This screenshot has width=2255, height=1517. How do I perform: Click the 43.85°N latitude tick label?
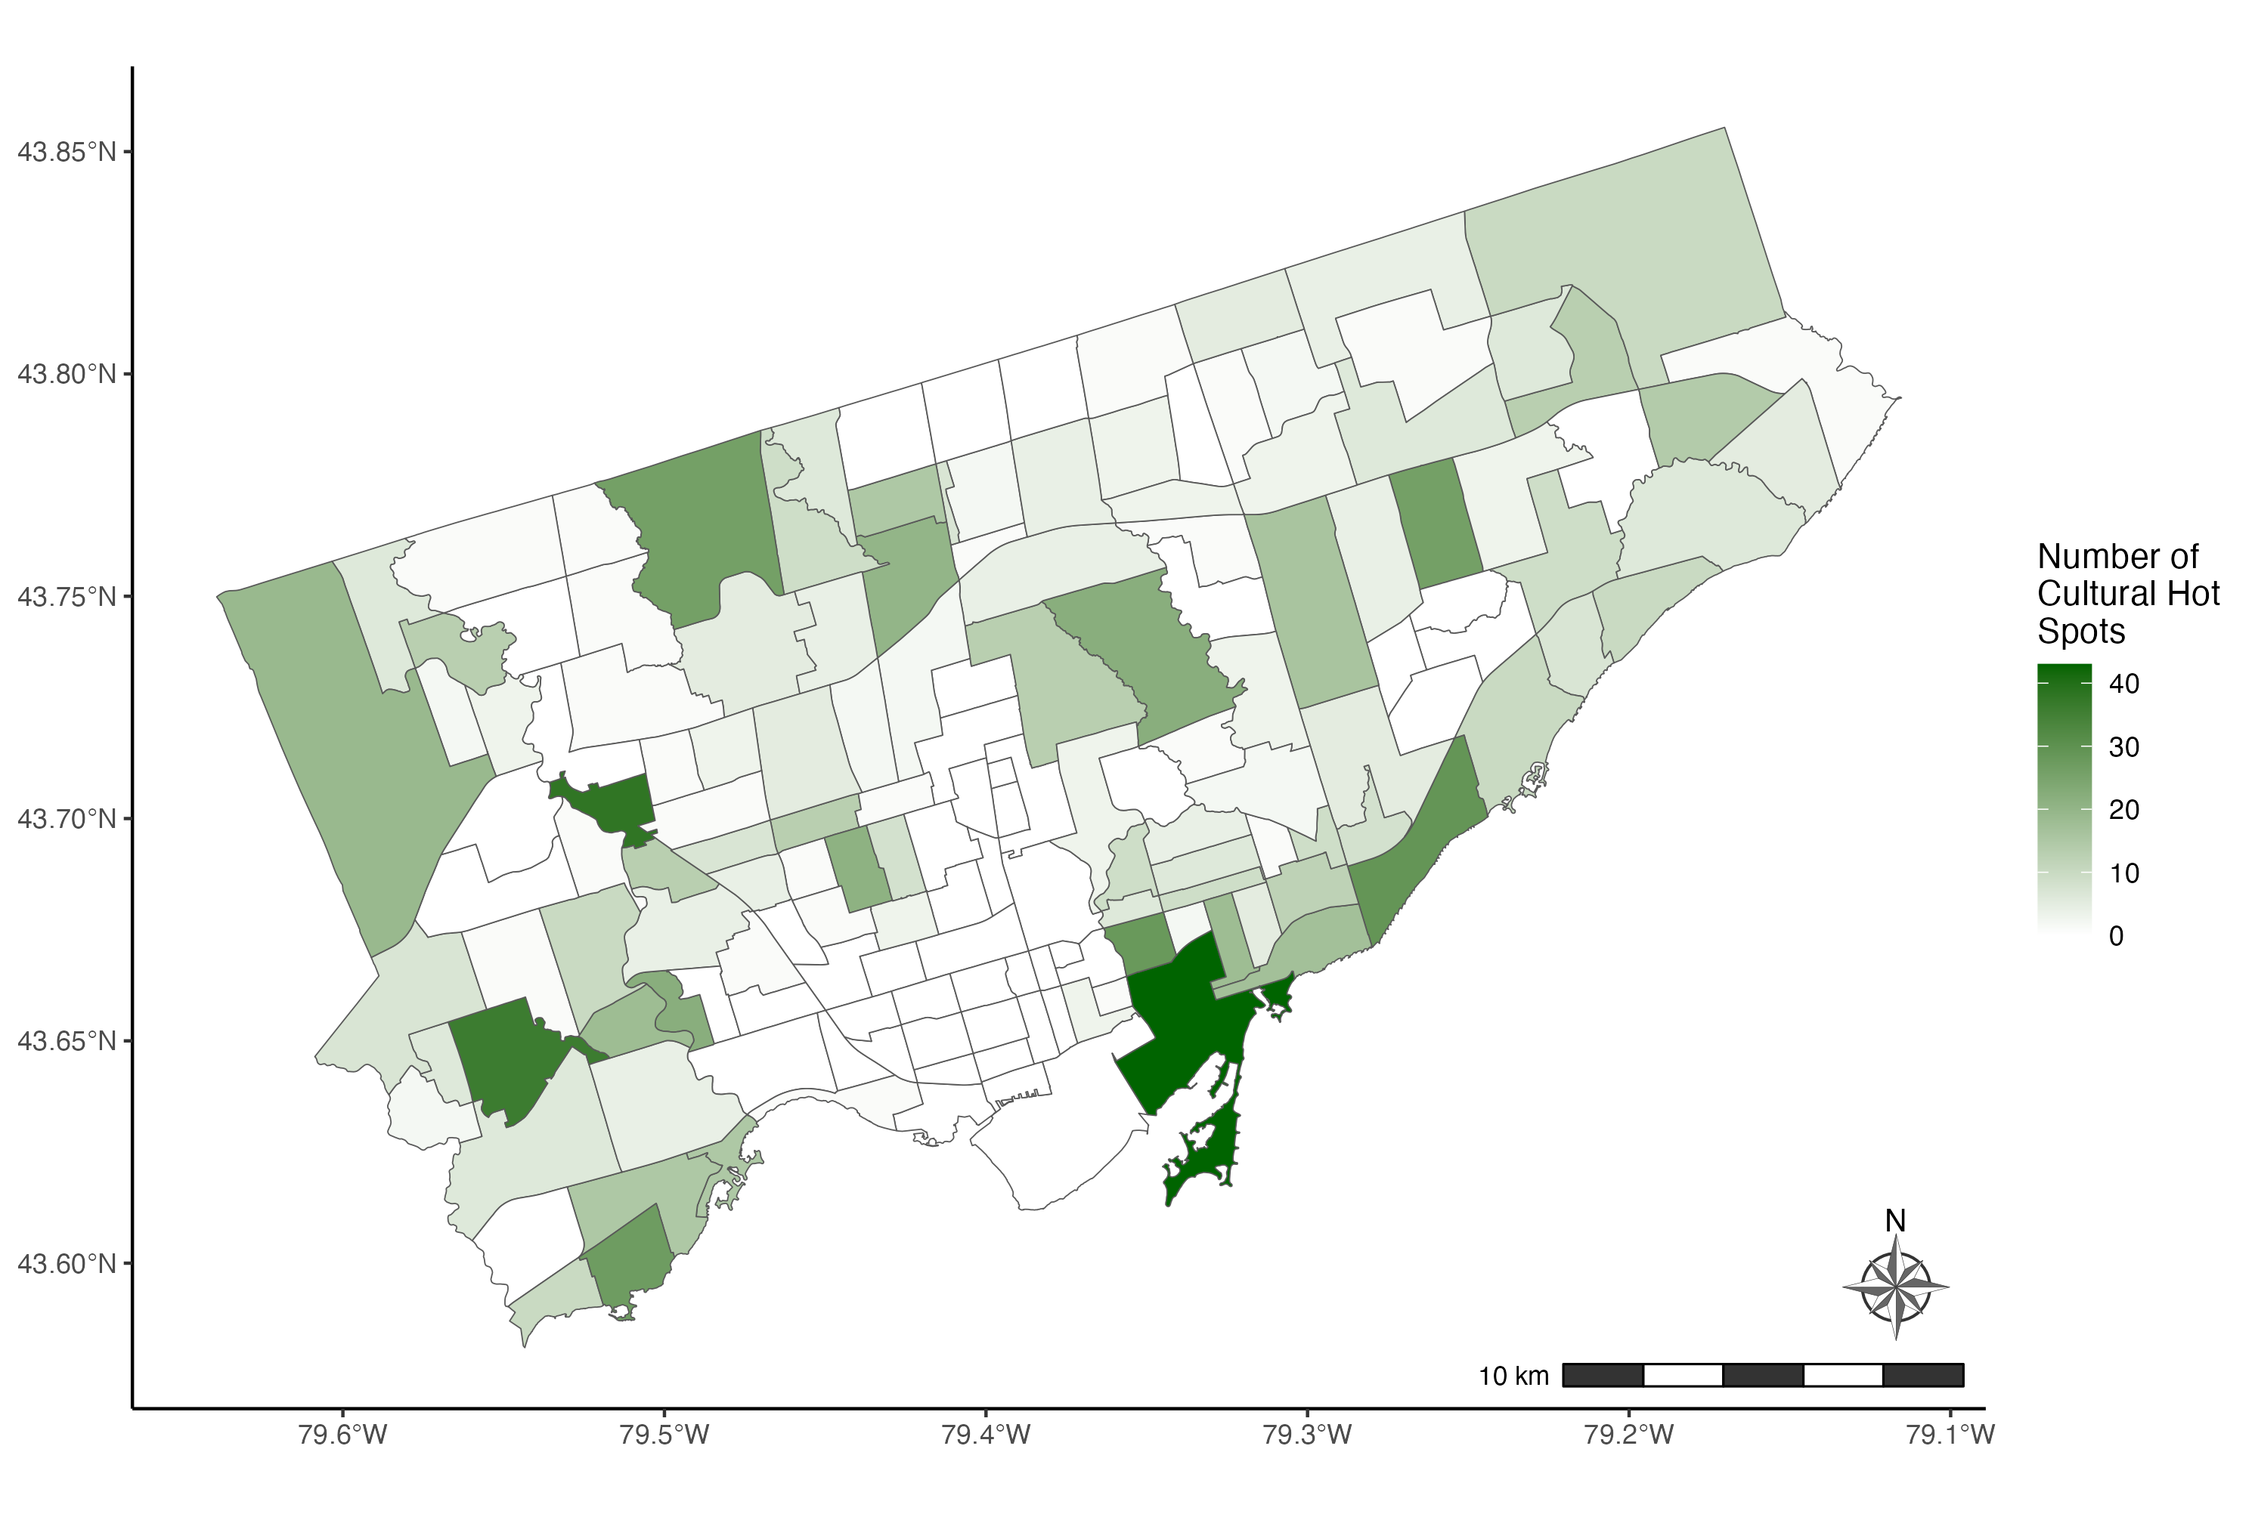[x=66, y=152]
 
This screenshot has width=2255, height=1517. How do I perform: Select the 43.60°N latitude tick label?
[x=66, y=1263]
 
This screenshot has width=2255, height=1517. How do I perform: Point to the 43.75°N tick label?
[x=66, y=596]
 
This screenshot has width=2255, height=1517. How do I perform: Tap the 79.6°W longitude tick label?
[x=342, y=1434]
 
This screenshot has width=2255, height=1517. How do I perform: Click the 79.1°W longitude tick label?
[x=1950, y=1434]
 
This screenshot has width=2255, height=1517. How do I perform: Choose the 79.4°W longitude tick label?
[x=985, y=1434]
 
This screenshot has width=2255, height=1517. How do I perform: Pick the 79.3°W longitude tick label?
[x=1306, y=1434]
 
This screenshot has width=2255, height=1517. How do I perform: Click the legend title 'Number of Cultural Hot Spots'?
[x=2127, y=593]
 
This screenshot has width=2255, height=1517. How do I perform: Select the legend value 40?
[x=2123, y=684]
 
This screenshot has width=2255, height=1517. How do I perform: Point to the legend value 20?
[x=2123, y=810]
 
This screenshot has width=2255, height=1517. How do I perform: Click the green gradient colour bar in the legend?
[x=2064, y=799]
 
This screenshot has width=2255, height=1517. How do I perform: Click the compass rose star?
[x=1895, y=1287]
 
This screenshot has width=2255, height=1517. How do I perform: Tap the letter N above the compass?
[x=1895, y=1221]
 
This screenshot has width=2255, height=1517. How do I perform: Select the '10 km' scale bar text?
[x=1513, y=1376]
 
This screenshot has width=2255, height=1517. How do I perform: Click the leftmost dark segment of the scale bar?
[x=1603, y=1375]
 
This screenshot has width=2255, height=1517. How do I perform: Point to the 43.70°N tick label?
[x=66, y=818]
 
